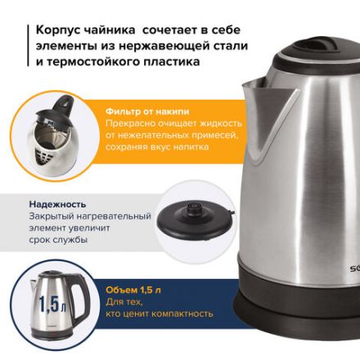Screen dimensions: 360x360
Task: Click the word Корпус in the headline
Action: point(56,29)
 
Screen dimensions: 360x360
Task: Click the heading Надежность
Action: point(57,204)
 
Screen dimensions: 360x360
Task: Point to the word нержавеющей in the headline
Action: point(146,46)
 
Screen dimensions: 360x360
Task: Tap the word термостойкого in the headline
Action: point(98,61)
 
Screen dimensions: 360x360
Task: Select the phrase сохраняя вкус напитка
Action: point(156,146)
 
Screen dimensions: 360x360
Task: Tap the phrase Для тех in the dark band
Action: point(122,301)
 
